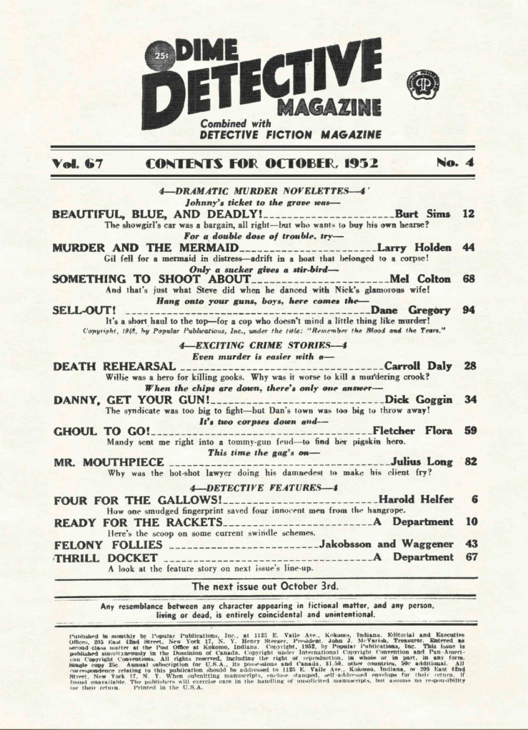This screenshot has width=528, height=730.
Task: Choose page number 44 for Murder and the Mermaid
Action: (469, 247)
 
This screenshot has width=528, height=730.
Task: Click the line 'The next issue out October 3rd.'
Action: (264, 586)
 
